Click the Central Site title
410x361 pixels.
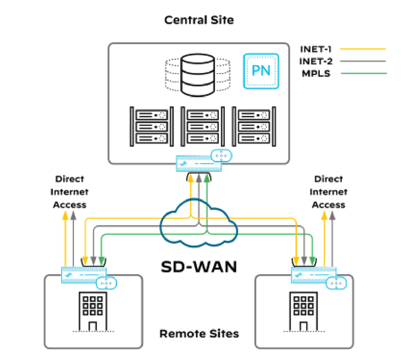coord(199,20)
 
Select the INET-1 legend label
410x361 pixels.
coord(319,49)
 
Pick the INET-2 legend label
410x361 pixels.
coord(319,61)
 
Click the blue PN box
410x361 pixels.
coord(261,70)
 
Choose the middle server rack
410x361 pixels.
coord(199,127)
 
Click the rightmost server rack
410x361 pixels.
coord(250,127)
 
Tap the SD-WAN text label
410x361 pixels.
coord(199,266)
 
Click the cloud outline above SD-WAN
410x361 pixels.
coord(199,226)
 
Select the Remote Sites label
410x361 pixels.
coord(199,333)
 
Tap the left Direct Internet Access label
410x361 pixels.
coord(70,192)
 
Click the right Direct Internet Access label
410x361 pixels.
coord(329,192)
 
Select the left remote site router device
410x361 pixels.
coord(83,275)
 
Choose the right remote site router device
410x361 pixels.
coord(313,275)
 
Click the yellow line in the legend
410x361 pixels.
coord(363,49)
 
